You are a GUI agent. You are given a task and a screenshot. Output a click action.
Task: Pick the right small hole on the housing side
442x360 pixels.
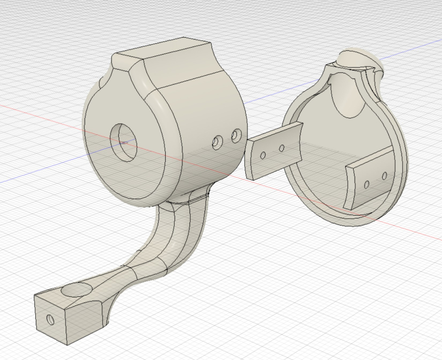pyautogui.click(x=236, y=134)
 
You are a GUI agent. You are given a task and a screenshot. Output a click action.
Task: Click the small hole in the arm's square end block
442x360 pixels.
pyautogui.click(x=50, y=319)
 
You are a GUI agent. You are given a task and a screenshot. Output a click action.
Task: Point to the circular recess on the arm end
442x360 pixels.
pyautogui.click(x=77, y=291)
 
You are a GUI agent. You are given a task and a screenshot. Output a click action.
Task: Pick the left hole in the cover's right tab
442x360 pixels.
pyautogui.click(x=366, y=183)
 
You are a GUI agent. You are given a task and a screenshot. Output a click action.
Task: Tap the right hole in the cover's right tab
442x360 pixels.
pyautogui.click(x=385, y=176)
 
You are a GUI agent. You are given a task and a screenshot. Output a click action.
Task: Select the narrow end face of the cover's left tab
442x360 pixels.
pyautogui.click(x=249, y=160)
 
